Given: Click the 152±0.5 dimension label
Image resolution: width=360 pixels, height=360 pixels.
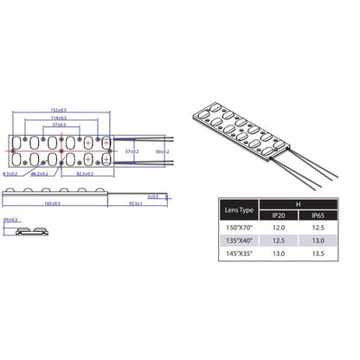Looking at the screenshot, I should (x=60, y=110).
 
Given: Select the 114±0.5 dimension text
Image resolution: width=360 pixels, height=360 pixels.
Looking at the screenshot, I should (x=60, y=119).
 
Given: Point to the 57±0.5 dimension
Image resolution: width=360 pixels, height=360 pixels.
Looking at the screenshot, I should (x=60, y=126).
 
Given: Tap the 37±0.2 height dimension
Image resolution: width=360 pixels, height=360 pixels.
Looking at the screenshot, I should (x=131, y=151).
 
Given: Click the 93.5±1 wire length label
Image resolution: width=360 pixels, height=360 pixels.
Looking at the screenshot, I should (x=133, y=203).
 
